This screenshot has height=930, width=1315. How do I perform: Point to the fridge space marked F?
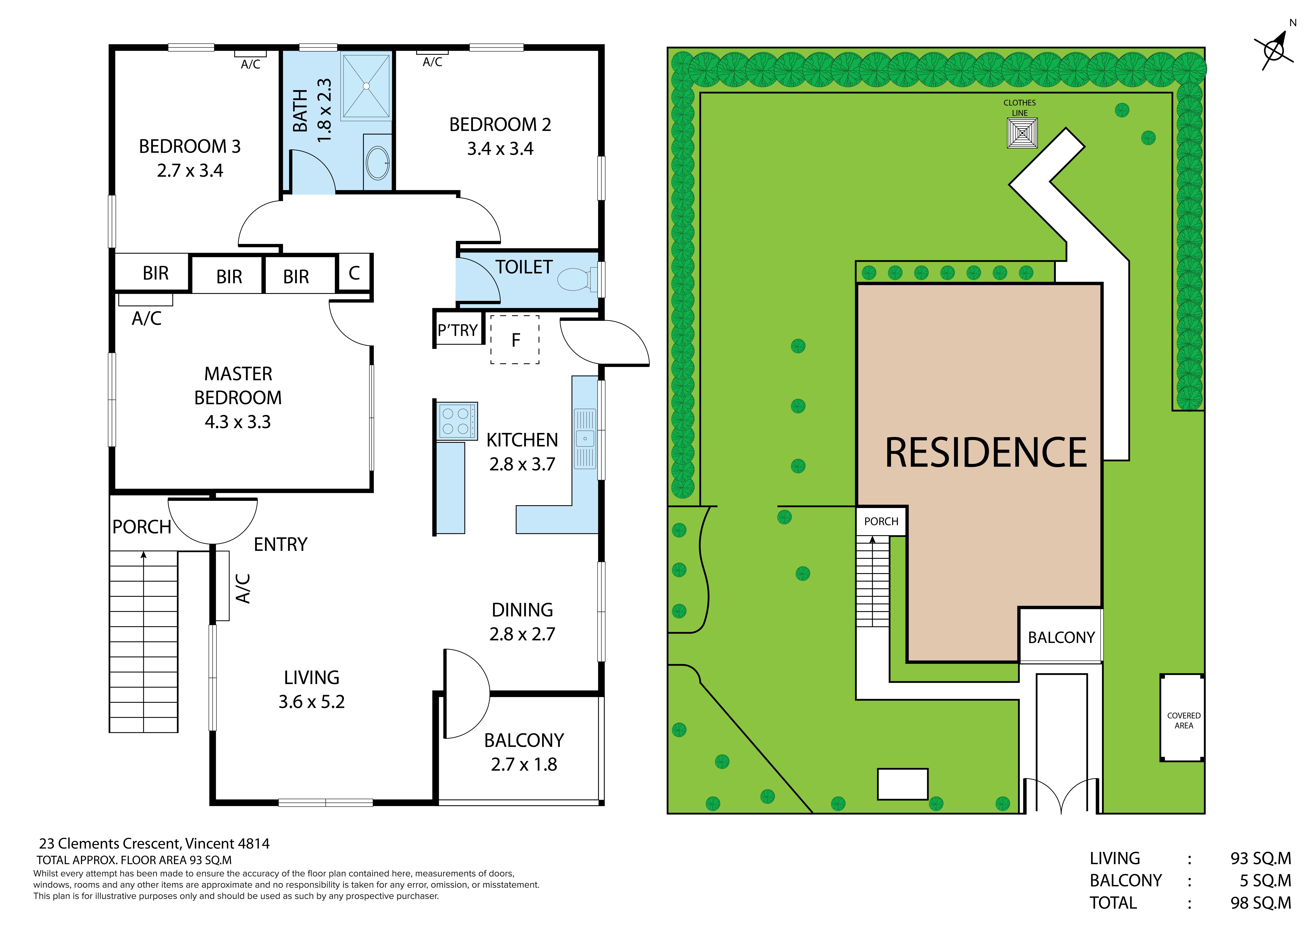[515, 340]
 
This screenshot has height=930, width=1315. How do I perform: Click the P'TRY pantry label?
[458, 330]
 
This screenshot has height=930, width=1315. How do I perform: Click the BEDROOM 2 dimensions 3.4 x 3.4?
[500, 149]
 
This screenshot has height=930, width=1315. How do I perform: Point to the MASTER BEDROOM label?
[238, 385]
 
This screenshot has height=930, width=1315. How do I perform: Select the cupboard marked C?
[354, 273]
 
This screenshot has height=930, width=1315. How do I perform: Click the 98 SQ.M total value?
[1261, 903]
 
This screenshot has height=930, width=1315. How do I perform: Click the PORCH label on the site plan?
[881, 521]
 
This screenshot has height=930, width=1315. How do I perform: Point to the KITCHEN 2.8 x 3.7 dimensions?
[522, 464]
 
